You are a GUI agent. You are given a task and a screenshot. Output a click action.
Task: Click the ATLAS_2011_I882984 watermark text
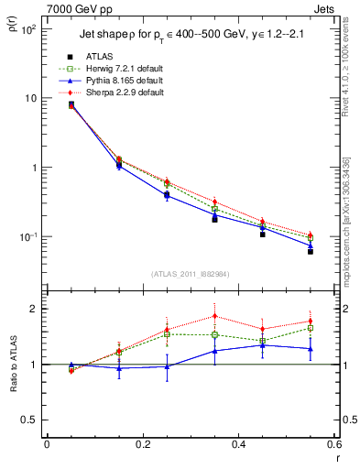190,273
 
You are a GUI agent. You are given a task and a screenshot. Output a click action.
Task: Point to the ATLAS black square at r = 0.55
311,251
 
